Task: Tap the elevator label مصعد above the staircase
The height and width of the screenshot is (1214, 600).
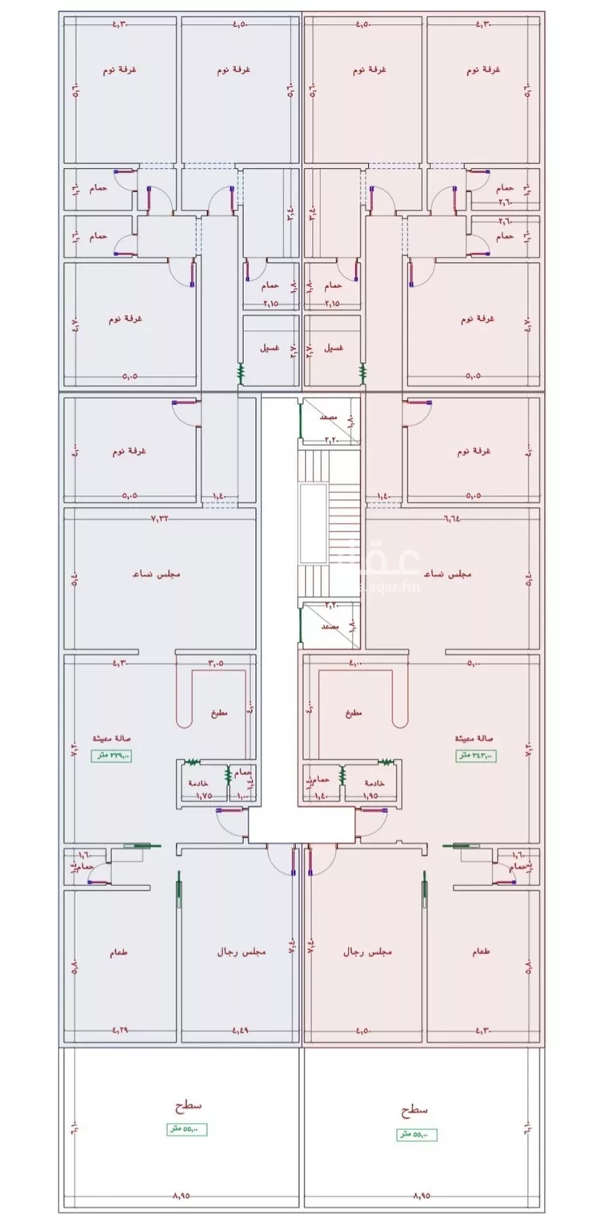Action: (x=329, y=417)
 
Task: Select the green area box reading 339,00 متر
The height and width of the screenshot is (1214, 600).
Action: (x=111, y=756)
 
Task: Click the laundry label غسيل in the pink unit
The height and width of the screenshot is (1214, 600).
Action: (x=334, y=349)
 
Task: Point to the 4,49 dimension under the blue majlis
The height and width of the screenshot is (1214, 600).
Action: (x=240, y=1029)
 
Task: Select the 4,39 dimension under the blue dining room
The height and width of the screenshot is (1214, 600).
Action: (x=119, y=1029)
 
